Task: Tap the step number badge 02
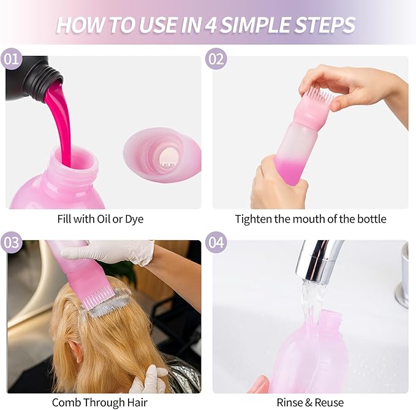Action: point(216,59)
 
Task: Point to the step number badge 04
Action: point(216,243)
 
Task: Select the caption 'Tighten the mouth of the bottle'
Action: point(311,218)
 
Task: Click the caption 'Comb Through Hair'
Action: point(100,402)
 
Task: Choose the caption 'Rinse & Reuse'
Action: point(311,402)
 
